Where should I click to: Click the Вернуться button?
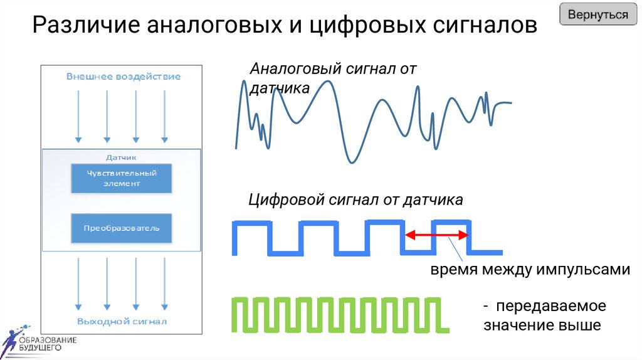click(597, 15)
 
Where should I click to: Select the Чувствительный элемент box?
click(122, 178)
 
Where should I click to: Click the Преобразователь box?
click(122, 228)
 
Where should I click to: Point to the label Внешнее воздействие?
click(124, 77)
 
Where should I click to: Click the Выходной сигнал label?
click(122, 322)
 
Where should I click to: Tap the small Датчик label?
click(122, 157)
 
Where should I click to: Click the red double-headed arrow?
click(436, 235)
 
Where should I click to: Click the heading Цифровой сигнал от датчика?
click(355, 200)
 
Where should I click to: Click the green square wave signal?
click(339, 314)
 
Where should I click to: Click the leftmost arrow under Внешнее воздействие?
click(78, 116)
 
